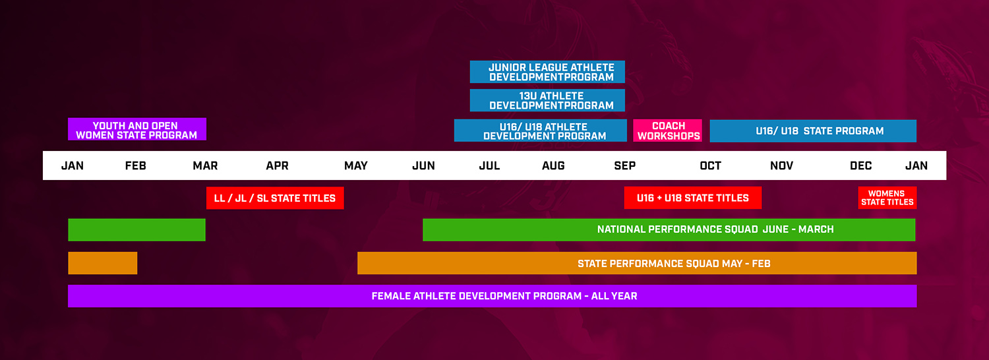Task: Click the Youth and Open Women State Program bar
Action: (x=137, y=129)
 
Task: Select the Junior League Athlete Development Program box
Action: (x=547, y=72)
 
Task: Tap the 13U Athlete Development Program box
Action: (x=547, y=100)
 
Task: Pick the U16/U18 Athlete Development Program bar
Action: (x=541, y=131)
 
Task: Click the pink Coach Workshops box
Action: (x=667, y=131)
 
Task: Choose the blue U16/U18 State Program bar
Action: (x=813, y=131)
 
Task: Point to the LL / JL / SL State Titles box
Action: (x=275, y=198)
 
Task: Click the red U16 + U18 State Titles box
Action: (x=693, y=198)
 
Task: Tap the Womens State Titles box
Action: (x=887, y=198)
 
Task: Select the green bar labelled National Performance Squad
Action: (x=669, y=229)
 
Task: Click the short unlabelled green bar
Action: (x=137, y=229)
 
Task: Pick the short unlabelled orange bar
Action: (x=103, y=263)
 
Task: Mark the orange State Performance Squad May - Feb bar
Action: (x=637, y=263)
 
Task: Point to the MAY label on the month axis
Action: (x=356, y=165)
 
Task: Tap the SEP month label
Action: (x=625, y=165)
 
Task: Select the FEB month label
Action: (x=135, y=165)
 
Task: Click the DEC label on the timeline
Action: (x=860, y=165)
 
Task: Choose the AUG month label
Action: (x=553, y=165)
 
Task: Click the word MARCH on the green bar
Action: (x=816, y=229)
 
